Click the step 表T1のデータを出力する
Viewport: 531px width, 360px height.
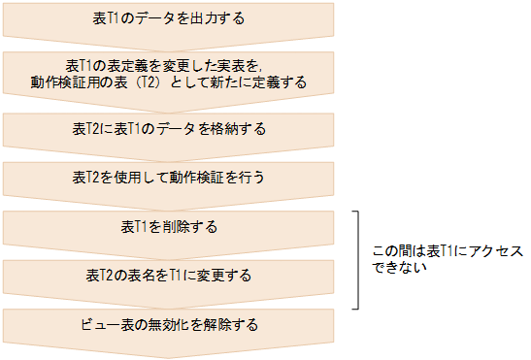click(169, 18)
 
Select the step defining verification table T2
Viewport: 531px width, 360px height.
click(169, 74)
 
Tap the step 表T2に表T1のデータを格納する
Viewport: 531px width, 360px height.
click(169, 128)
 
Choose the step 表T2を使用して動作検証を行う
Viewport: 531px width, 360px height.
click(169, 178)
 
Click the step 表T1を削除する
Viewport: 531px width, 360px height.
click(169, 227)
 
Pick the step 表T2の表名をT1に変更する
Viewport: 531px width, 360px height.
click(169, 276)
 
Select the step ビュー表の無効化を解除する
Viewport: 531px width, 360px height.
click(169, 325)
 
